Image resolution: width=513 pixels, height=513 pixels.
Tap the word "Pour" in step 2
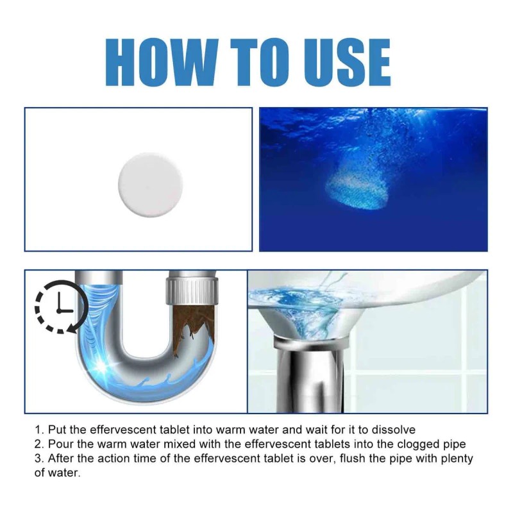click(58, 444)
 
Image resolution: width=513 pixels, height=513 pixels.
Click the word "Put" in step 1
click(56, 430)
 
